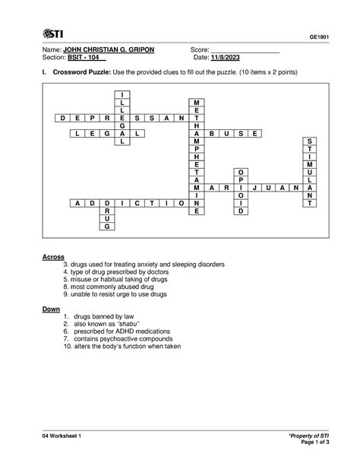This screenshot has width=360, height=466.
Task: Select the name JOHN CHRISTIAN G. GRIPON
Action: pyautogui.click(x=111, y=49)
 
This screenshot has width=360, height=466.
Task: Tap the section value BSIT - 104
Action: pyautogui.click(x=86, y=58)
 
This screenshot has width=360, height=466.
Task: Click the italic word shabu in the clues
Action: pyautogui.click(x=131, y=324)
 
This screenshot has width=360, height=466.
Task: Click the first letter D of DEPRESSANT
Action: pyautogui.click(x=60, y=119)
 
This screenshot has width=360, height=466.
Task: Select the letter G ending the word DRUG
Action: pyautogui.click(x=108, y=227)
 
